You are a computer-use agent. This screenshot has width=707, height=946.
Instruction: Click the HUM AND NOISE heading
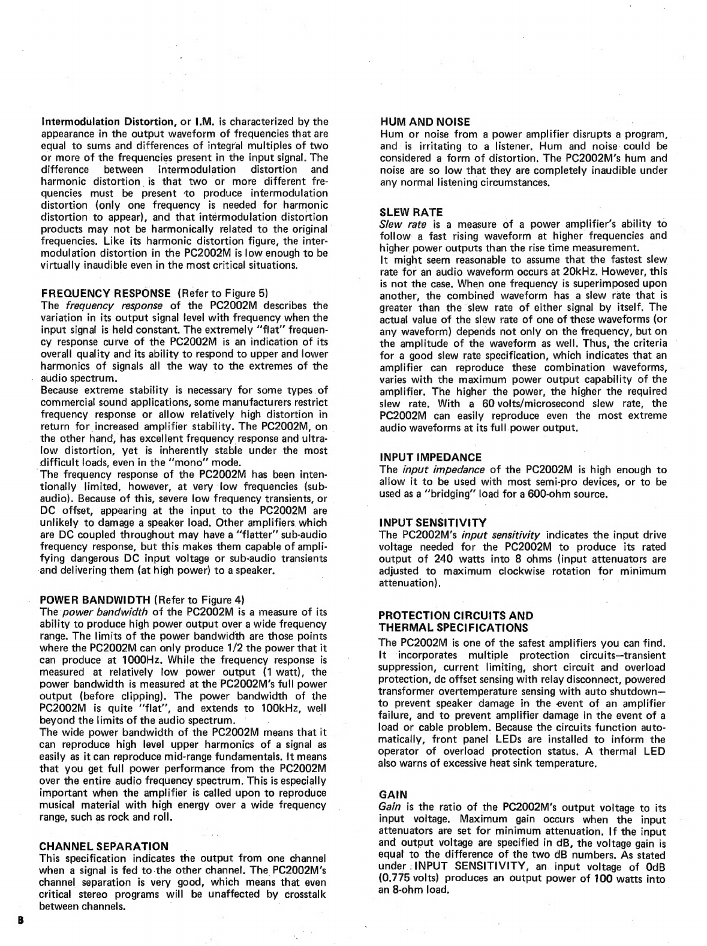point(425,122)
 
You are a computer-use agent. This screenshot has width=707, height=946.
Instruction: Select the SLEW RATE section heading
point(411,212)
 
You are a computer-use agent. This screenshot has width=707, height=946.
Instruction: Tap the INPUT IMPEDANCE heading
point(431,458)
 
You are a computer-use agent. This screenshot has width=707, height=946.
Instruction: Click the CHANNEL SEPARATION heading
point(104,846)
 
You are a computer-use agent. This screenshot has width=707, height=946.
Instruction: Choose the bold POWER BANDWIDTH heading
point(95,599)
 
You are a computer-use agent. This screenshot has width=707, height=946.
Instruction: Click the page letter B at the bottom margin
point(20,919)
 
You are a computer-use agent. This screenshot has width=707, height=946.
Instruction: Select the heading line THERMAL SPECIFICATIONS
point(453,627)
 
